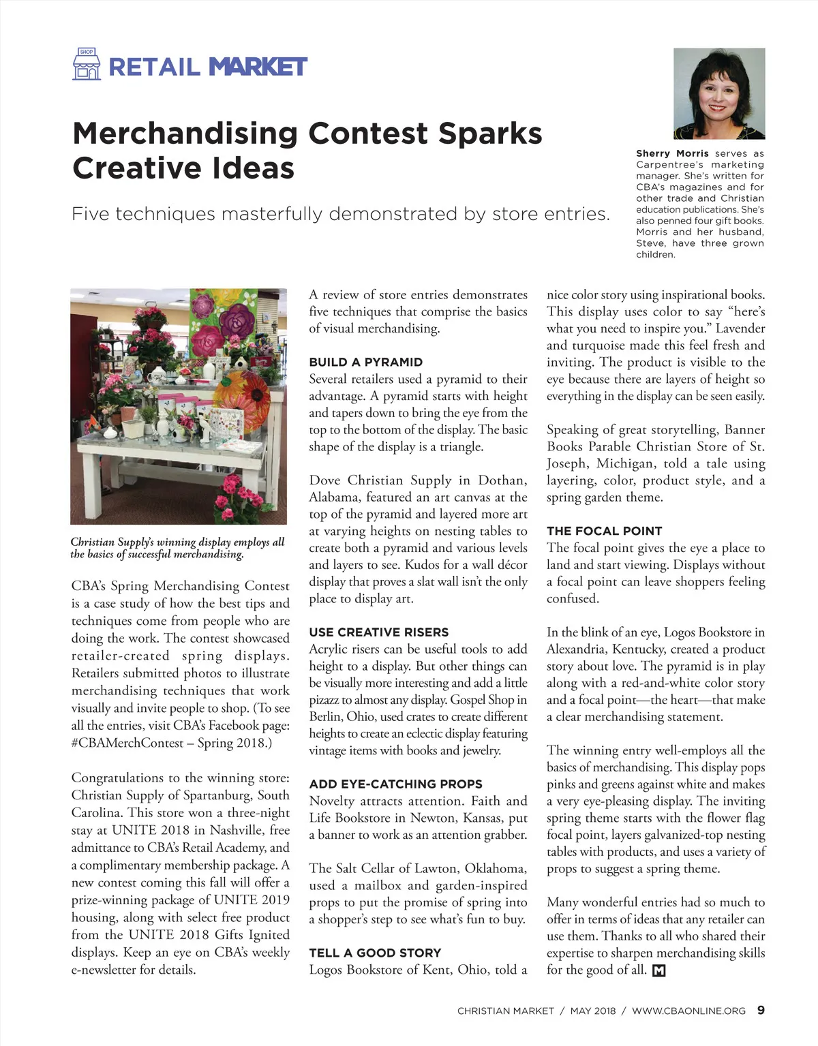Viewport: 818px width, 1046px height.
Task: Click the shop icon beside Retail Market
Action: (x=86, y=64)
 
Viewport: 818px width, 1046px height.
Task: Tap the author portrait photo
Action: (x=719, y=93)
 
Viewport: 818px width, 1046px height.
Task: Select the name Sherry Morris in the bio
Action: (x=672, y=154)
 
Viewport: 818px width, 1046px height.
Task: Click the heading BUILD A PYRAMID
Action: (x=365, y=362)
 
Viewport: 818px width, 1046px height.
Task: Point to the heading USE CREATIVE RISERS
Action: (x=378, y=632)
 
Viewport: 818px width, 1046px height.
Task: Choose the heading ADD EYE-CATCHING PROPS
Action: (x=395, y=784)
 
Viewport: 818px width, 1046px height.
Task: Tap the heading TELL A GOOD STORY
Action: (x=375, y=953)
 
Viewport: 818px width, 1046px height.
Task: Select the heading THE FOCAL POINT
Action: (x=604, y=531)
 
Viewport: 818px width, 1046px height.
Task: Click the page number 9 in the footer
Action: (x=761, y=1010)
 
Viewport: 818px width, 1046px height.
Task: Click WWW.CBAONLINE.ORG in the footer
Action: (x=688, y=1011)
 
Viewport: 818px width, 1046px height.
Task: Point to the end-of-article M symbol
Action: (x=658, y=970)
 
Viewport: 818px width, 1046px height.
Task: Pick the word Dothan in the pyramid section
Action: (x=502, y=480)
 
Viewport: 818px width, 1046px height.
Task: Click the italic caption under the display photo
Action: (x=177, y=548)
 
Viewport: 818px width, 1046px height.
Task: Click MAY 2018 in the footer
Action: (x=592, y=1011)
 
